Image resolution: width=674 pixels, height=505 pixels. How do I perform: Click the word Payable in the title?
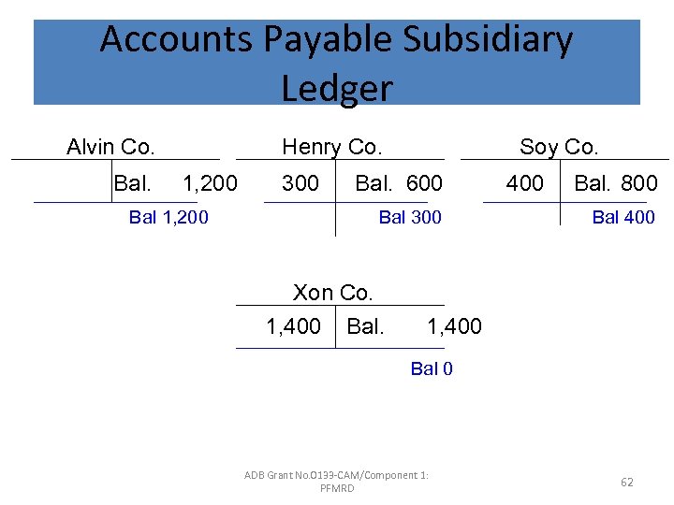coord(326,40)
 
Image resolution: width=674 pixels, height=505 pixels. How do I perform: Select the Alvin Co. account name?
coord(110,147)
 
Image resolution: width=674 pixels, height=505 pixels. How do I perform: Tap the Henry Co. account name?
coord(332,147)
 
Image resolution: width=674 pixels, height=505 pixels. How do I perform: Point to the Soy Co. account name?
coord(559,147)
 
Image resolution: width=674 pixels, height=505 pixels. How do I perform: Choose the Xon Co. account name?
coord(333,293)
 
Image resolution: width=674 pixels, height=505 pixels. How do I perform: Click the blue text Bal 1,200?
coord(168,218)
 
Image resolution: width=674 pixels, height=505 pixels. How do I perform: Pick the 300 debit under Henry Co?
coord(300,183)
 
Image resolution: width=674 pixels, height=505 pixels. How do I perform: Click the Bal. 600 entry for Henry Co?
coord(399,183)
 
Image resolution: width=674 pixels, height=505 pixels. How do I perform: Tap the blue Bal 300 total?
coord(409,218)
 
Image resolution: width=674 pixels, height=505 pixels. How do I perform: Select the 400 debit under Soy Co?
coord(524,183)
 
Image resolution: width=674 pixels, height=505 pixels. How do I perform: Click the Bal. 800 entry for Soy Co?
coord(616,183)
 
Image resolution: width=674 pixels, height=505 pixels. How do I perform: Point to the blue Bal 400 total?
coord(623,218)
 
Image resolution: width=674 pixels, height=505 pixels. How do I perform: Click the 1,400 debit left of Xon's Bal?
coord(294,326)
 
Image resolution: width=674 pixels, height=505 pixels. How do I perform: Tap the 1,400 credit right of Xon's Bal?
coord(454,326)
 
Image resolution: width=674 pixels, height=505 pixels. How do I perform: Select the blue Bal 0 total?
coord(432,368)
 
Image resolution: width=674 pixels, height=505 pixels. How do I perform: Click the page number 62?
coord(627,483)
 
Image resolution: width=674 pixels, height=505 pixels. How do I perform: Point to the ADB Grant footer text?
coord(337,482)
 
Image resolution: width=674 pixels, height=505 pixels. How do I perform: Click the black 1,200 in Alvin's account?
coord(210,183)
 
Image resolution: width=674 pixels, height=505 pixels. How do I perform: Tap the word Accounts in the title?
coord(176,40)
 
